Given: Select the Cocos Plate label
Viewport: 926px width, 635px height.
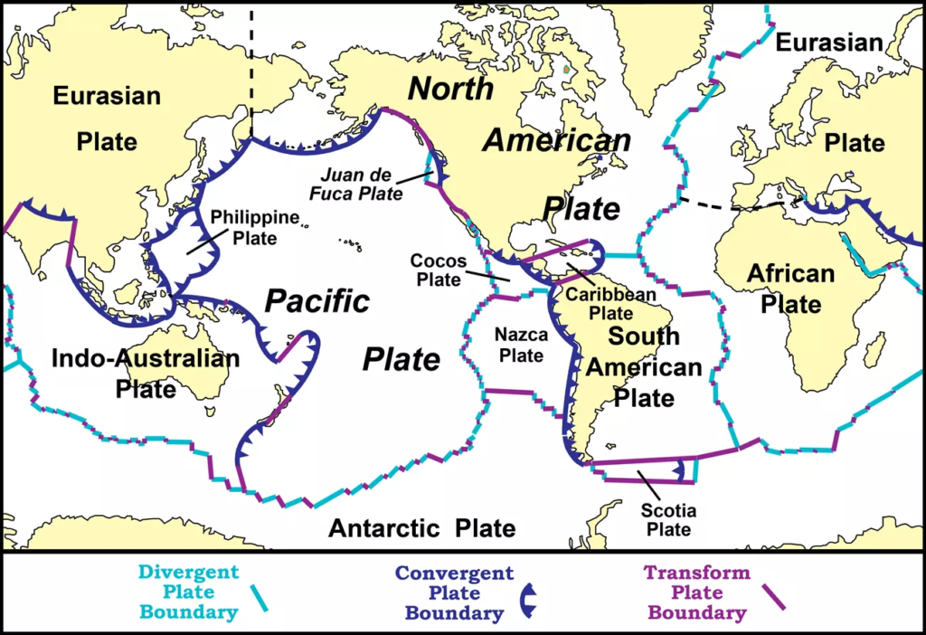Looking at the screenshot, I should point(438,270).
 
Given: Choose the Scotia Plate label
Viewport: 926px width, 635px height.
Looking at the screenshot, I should point(667,519).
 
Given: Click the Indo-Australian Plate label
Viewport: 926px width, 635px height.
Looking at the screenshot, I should point(146,373).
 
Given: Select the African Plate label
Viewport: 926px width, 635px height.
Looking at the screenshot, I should point(790,289).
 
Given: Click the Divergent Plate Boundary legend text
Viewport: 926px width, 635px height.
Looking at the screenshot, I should point(189,592).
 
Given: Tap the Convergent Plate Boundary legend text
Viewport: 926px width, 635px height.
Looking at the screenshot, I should point(454,593).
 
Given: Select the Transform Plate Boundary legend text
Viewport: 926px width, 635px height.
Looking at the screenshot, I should point(696,592).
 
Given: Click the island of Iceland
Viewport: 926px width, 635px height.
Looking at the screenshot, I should point(711,89).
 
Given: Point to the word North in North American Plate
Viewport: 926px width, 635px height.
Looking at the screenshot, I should point(450,89).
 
